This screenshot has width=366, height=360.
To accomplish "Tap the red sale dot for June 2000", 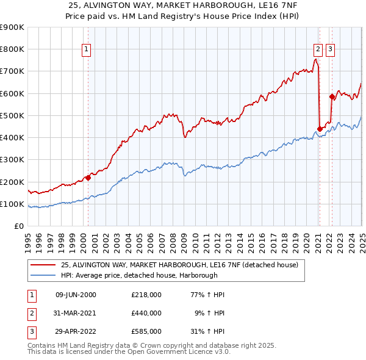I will [88, 178].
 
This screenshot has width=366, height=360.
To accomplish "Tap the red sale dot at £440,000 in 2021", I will [320, 129].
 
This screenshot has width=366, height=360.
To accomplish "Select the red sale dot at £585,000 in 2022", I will [332, 96].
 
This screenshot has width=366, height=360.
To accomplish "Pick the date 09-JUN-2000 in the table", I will [76, 295].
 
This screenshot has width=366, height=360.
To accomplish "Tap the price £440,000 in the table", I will [146, 313].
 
